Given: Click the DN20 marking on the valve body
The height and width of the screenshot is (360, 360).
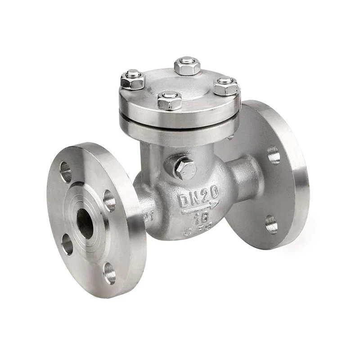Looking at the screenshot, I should click(x=198, y=197).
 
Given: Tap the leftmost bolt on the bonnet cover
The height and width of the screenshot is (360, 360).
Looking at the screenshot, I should click(x=132, y=80).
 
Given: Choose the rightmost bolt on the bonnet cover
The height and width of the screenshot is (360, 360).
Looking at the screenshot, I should click(x=225, y=85).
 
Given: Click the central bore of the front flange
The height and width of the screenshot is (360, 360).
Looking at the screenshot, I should click(x=85, y=224).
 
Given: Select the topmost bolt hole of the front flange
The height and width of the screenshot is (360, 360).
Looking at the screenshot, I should click(x=66, y=171).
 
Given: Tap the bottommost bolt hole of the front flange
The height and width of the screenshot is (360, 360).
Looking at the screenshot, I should click(x=109, y=273).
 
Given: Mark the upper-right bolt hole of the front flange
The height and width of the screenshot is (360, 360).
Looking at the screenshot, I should click(x=109, y=200).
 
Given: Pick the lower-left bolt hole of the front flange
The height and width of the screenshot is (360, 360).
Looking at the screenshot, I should click(x=67, y=244).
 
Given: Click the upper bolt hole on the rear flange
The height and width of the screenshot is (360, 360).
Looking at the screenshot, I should click(x=274, y=154).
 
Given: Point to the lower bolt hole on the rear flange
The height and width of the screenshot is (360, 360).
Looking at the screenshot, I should click(x=270, y=224).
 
